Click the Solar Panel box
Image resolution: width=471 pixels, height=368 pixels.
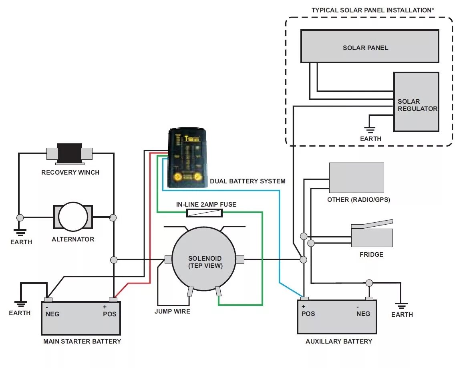pos(370,46)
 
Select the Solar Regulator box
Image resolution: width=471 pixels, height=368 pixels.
pos(417,102)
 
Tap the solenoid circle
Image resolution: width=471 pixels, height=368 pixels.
pos(204,259)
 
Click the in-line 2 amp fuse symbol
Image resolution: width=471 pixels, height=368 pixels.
pos(205,213)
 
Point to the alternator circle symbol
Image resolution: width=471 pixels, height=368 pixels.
pos(73,217)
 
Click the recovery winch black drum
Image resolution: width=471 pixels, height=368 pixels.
pos(69,153)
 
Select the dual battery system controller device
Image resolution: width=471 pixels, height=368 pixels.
pos(187,158)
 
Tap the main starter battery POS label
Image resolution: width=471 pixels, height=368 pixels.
pos(109,314)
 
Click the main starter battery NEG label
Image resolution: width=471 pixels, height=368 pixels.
pos(52,314)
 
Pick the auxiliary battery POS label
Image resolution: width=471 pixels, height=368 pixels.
pos(308,314)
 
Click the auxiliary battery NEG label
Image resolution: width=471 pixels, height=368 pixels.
pos(363,314)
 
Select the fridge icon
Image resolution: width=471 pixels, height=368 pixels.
pos(372,233)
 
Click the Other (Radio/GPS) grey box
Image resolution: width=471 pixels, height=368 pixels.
pos(356,178)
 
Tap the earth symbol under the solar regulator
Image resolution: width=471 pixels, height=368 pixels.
pos(370,130)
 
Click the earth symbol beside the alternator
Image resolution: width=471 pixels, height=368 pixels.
pos(20,232)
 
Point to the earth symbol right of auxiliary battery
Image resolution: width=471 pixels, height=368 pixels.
pos(401,306)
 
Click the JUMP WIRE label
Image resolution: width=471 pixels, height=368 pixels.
pos(172,311)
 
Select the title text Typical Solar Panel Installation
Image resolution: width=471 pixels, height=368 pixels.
pos(373,10)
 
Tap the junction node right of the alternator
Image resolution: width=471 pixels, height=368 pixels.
pos(113,217)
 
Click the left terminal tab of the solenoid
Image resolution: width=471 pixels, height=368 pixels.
pos(168,259)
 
